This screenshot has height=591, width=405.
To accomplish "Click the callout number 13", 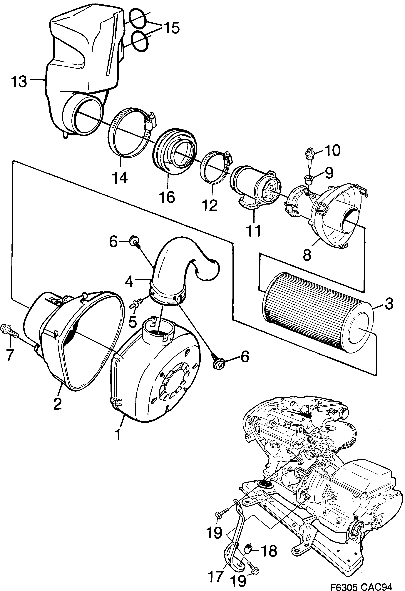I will click(19, 82).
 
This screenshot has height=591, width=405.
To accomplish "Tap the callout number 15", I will click(171, 28).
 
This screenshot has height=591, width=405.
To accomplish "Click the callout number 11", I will click(254, 231).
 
